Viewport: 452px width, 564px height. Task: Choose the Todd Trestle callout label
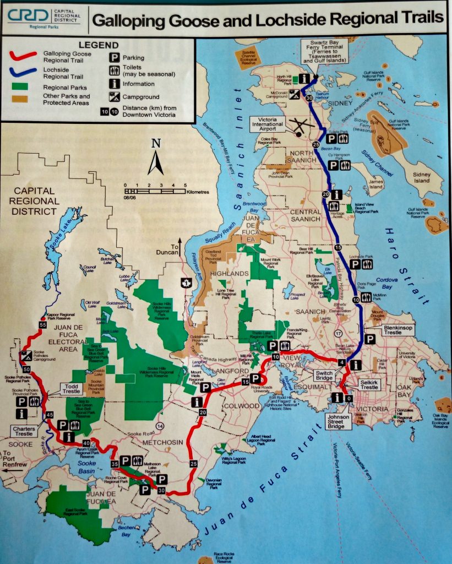pos(73,389)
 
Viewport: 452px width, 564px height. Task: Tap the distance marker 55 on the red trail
pos(42,326)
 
